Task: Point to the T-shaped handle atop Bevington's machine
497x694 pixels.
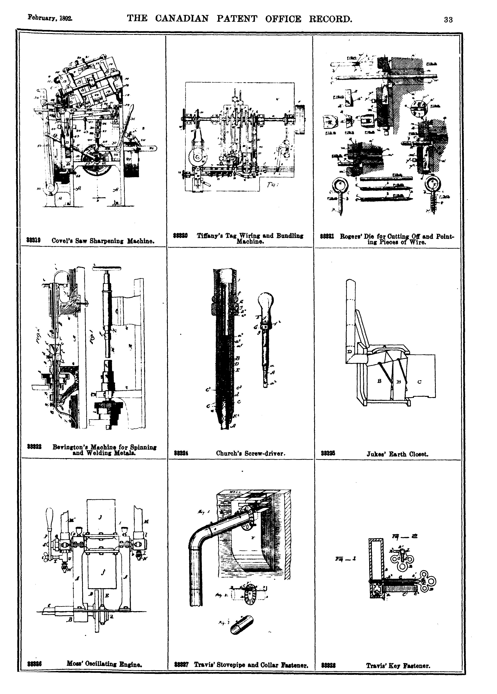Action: (107, 269)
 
